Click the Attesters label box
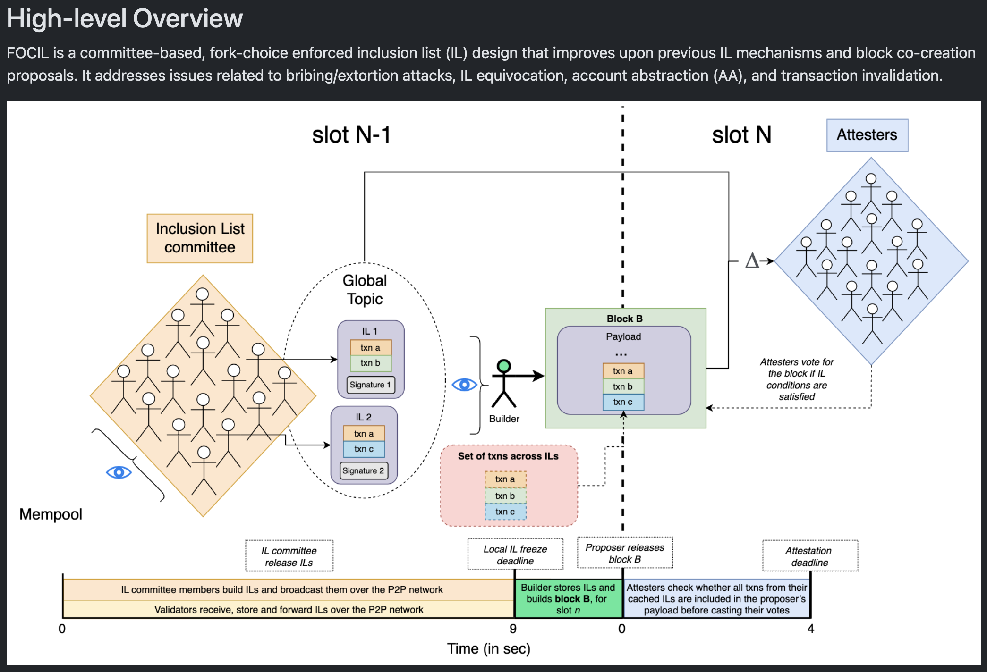click(867, 135)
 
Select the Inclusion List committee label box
click(200, 238)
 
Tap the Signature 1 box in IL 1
click(370, 385)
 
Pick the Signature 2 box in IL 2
click(363, 470)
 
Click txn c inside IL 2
click(364, 449)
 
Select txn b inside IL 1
click(370, 363)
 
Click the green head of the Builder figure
click(504, 366)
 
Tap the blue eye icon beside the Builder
click(465, 385)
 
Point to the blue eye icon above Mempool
click(119, 472)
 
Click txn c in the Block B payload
click(623, 402)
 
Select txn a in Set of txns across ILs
click(505, 479)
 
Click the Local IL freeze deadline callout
click(515, 554)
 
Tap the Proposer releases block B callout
click(625, 553)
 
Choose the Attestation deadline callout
click(810, 556)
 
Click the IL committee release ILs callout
click(289, 556)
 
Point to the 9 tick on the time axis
click(513, 629)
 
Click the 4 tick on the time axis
click(811, 629)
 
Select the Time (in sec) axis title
click(489, 648)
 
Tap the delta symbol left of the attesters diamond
click(752, 260)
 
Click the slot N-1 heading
click(351, 135)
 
